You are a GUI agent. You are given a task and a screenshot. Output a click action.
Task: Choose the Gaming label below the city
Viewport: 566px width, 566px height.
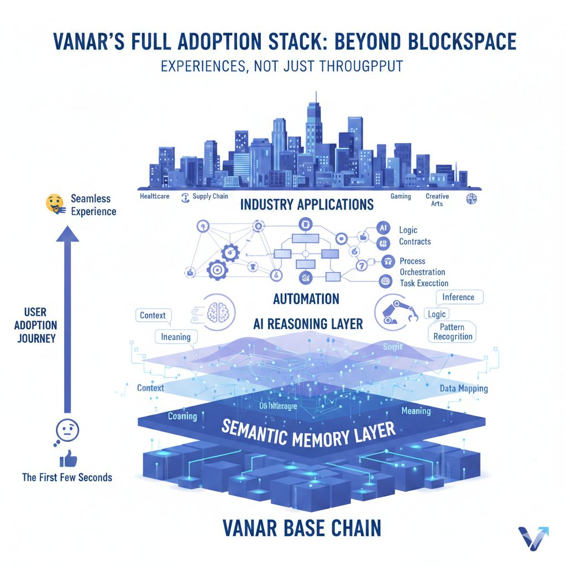(x=401, y=196)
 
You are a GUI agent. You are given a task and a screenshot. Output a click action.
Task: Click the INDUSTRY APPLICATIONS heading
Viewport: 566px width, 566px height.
(x=307, y=205)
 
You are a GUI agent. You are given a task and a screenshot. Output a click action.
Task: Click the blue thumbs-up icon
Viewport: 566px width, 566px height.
(x=67, y=458)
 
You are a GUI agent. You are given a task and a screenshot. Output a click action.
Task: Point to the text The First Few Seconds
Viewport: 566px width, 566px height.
(x=67, y=477)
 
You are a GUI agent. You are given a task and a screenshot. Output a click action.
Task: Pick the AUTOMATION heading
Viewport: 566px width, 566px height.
(x=306, y=299)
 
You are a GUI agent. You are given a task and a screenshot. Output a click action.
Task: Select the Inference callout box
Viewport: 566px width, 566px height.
(x=458, y=297)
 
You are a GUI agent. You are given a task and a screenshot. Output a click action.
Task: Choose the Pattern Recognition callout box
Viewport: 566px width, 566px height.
(x=453, y=332)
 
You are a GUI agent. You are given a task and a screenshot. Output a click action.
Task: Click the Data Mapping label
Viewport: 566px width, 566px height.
(x=464, y=389)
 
